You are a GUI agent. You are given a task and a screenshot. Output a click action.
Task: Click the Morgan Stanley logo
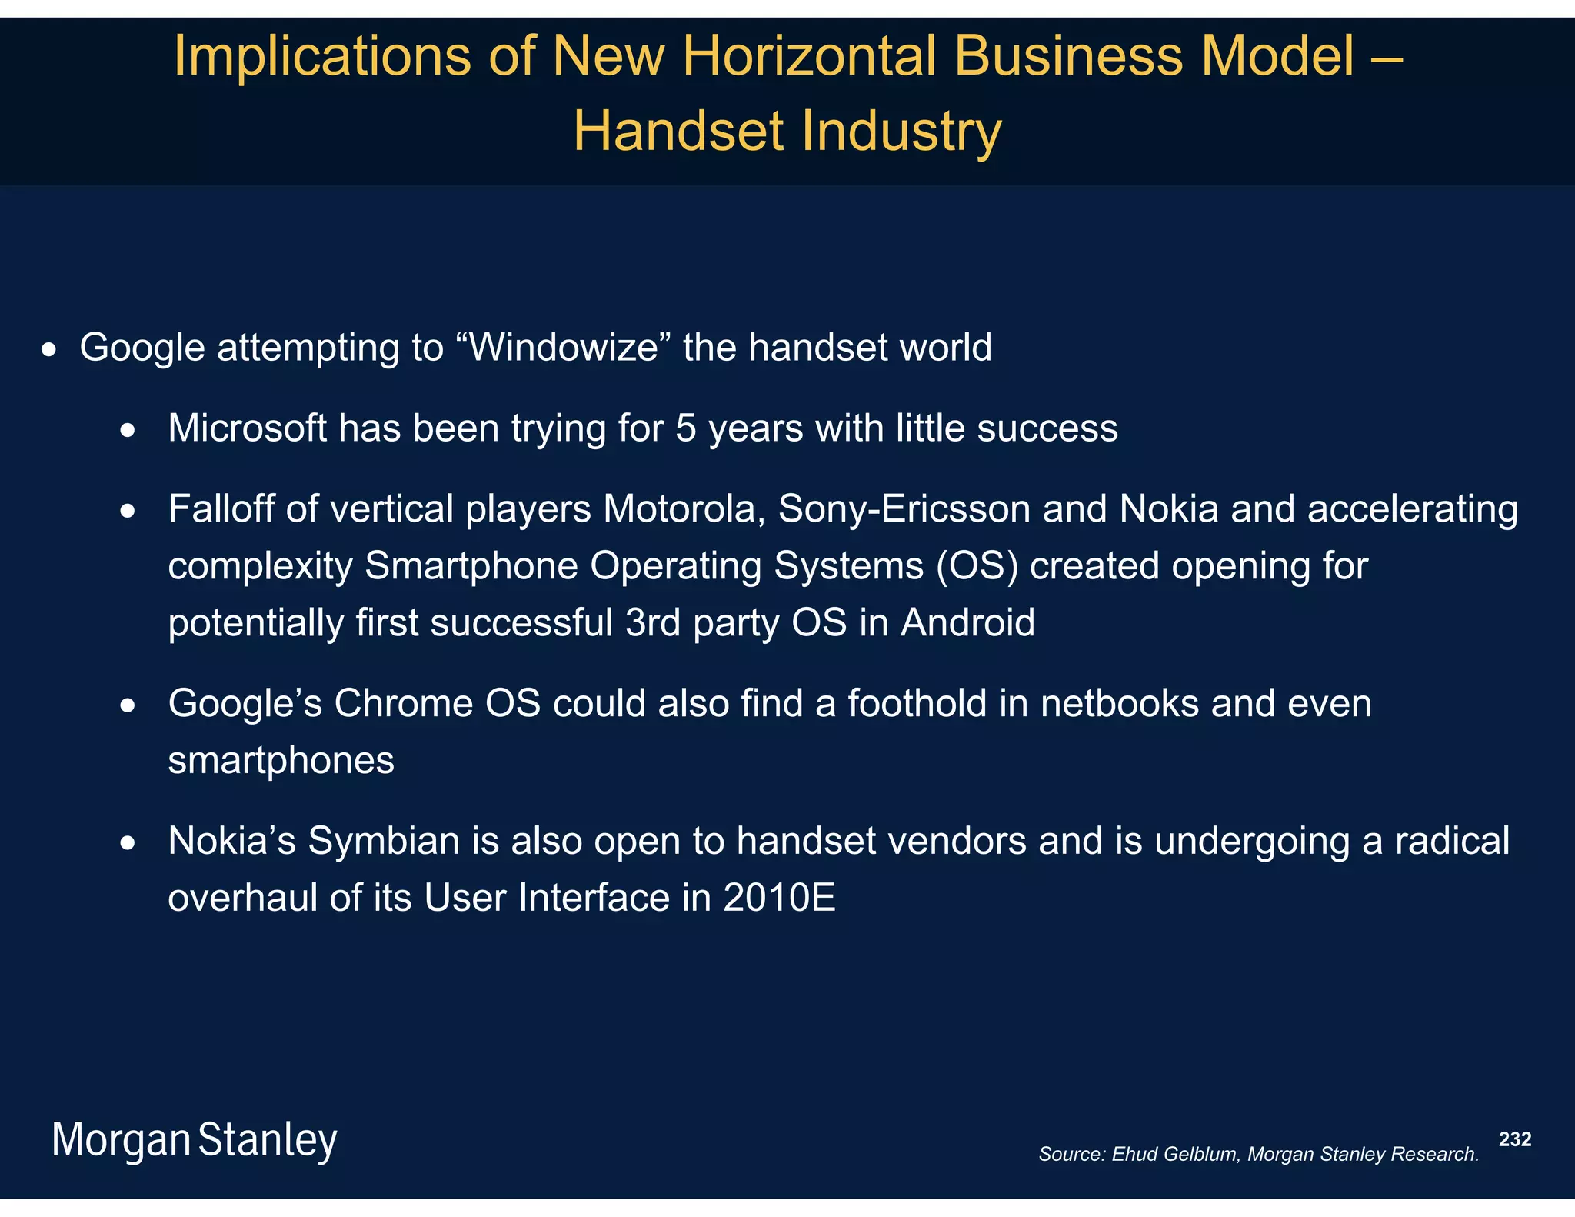(x=194, y=1140)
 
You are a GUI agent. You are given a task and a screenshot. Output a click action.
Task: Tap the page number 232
(x=1515, y=1139)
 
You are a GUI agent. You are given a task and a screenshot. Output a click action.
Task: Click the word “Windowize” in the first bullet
(x=564, y=348)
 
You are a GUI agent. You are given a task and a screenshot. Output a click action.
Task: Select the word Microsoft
(x=247, y=428)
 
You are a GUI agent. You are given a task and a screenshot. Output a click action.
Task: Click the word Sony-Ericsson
(x=904, y=509)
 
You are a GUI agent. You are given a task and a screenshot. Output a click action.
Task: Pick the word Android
(x=967, y=622)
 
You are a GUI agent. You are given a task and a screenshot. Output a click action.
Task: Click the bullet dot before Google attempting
(x=49, y=351)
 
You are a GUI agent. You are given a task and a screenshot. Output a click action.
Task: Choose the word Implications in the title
(x=322, y=56)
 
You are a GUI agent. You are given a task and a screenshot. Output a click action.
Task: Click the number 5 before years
(x=685, y=428)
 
